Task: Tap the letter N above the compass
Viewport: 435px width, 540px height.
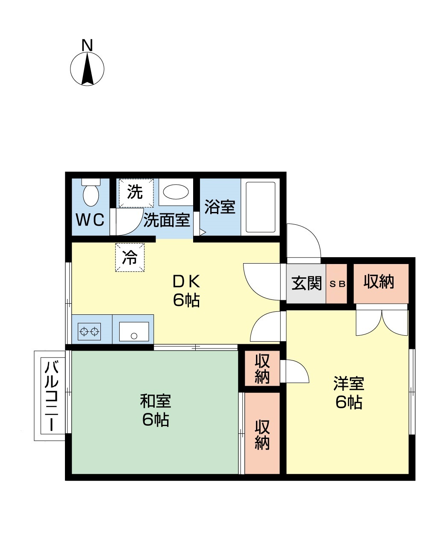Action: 87,45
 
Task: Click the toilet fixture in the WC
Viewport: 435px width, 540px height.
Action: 91,194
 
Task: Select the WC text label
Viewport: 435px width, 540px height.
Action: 90,220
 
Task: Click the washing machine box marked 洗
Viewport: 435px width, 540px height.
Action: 135,192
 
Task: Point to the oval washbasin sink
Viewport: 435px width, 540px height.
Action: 176,192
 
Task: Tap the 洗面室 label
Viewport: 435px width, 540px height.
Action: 167,220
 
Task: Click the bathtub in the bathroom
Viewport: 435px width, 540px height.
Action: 260,207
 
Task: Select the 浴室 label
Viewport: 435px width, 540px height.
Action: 220,207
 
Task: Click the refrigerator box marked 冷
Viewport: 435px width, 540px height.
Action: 130,257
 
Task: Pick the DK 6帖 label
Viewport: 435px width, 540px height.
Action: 186,290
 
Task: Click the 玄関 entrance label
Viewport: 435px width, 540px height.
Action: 306,283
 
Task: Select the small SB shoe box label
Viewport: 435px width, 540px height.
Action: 337,284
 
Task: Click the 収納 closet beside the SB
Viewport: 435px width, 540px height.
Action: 379,282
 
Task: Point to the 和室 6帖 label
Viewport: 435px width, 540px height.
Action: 156,410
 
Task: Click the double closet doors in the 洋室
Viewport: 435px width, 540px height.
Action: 382,322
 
